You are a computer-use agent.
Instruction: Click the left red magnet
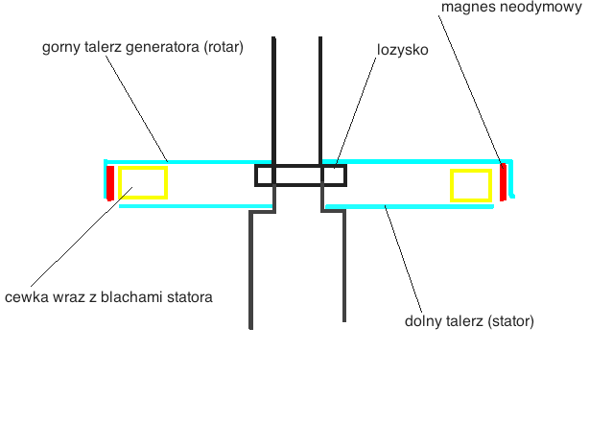coord(110,182)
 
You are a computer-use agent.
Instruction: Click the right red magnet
coord(503,182)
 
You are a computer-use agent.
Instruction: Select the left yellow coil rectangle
coord(143,182)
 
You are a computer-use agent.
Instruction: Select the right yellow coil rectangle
coord(471,185)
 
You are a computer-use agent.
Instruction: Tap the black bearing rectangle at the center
coord(300,175)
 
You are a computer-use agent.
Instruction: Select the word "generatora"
coord(157,46)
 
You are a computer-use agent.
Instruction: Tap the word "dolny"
coord(422,320)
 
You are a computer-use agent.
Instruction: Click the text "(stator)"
coord(510,320)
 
